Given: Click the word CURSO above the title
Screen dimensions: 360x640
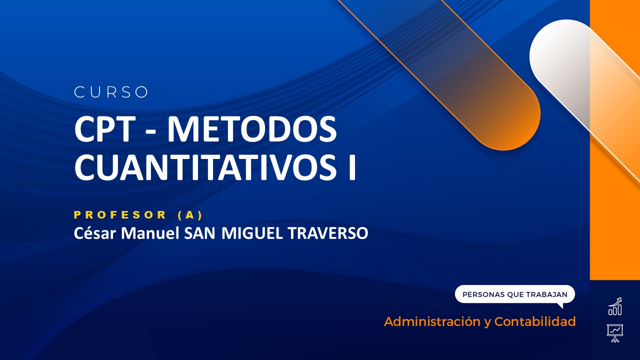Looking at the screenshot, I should [111, 92].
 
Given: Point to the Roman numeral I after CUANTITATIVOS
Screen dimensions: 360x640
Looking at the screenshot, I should [351, 167].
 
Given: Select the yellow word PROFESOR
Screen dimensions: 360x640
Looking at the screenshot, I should [120, 215].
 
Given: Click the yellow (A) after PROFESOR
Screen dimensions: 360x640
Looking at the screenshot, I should [190, 215].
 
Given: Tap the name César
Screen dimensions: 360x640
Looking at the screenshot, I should [91, 233].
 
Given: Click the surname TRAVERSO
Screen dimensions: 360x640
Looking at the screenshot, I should [327, 233].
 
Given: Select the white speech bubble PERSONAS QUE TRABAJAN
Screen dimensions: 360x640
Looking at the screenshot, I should [514, 294].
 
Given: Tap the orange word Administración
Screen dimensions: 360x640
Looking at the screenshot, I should [431, 321].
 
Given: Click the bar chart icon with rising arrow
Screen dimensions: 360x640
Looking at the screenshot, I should [615, 306].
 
